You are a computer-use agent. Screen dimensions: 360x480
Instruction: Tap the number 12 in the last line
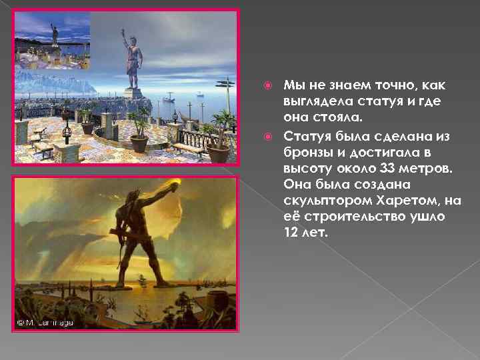click(x=292, y=233)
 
